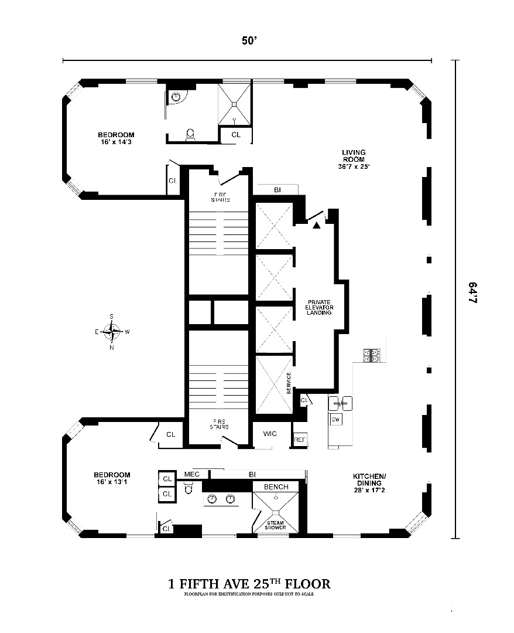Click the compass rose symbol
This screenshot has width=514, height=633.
tap(112, 332)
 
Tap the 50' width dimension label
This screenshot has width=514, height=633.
tap(249, 41)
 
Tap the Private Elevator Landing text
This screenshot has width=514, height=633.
tap(319, 307)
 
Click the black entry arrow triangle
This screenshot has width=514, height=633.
tap(317, 224)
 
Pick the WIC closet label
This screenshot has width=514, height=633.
tap(269, 434)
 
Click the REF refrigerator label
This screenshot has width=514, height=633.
tap(300, 439)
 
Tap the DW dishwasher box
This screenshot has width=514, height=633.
tap(336, 420)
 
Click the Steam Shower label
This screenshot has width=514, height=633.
tap(276, 525)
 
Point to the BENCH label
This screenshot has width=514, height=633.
tap(276, 487)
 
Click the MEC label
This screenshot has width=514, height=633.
tap(193, 474)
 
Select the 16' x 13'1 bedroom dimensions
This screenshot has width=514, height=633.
tap(112, 482)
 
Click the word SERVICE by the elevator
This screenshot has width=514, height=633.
tap(289, 382)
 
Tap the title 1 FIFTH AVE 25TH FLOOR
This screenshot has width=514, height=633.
tap(249, 584)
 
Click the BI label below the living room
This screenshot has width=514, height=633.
tap(277, 190)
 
